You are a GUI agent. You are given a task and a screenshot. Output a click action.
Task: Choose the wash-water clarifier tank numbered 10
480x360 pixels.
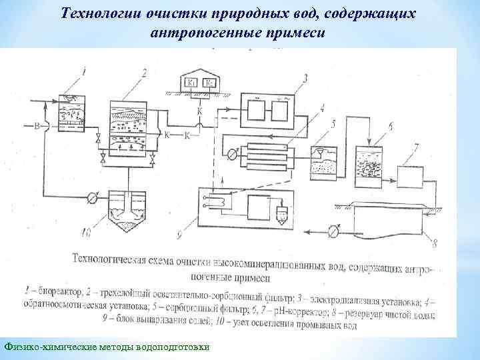pyautogui.click(x=127, y=210)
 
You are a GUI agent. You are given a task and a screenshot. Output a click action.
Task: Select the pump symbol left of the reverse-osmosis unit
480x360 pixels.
pyautogui.click(x=230, y=153)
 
